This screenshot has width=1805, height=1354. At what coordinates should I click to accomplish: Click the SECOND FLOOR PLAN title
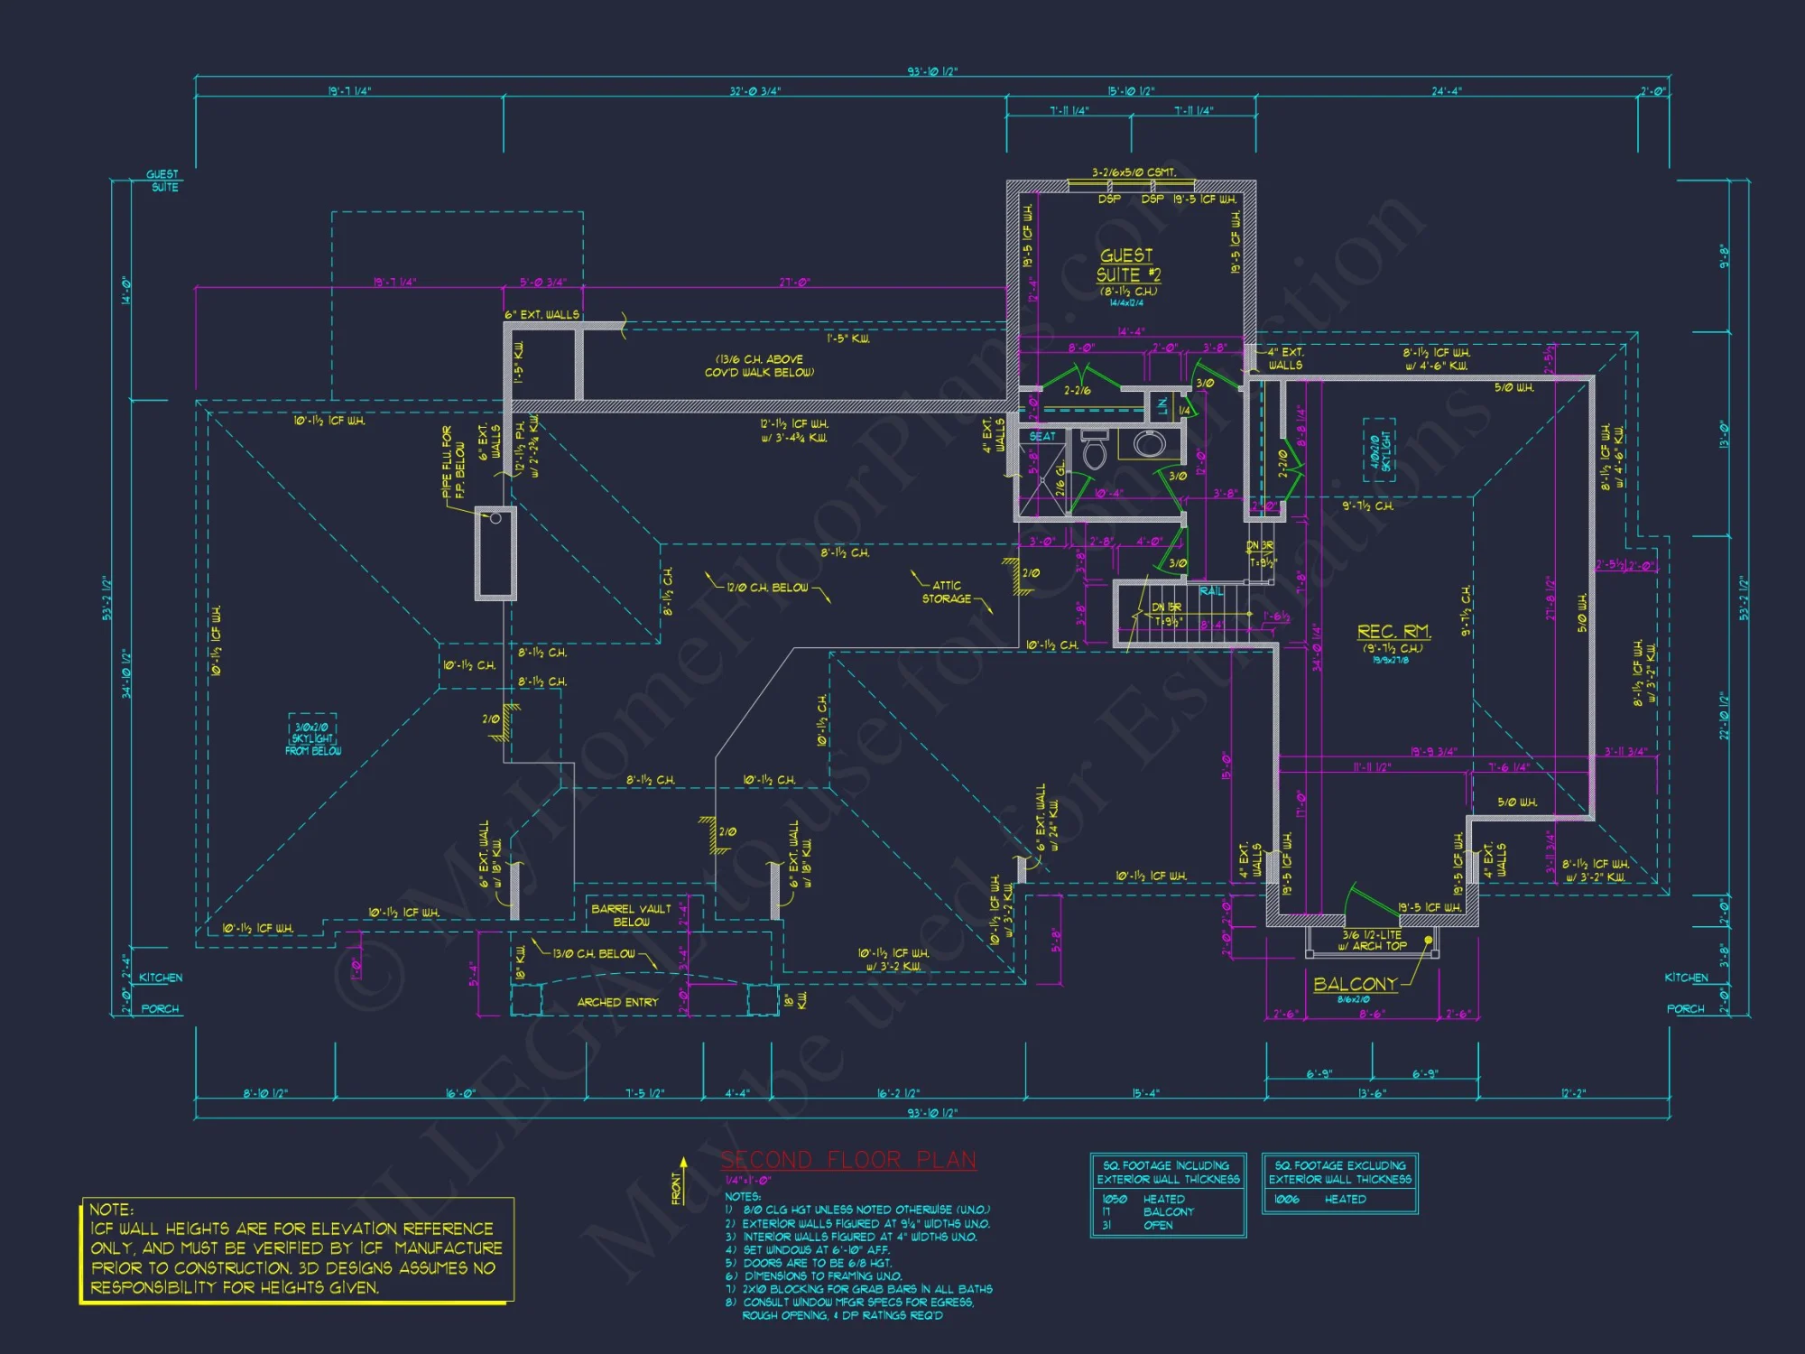click(847, 1160)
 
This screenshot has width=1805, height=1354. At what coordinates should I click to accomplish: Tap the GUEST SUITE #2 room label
click(1127, 265)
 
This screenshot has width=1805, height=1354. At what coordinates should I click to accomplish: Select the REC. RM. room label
click(1393, 632)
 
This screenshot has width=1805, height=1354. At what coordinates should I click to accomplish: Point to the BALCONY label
click(1355, 984)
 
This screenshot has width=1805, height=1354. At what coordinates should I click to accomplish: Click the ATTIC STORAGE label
click(946, 592)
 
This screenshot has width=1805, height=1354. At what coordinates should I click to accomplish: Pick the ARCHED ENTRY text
click(617, 1002)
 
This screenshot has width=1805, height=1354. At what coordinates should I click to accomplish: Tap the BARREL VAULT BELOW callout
click(631, 915)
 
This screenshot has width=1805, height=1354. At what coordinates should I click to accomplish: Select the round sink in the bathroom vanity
click(1149, 444)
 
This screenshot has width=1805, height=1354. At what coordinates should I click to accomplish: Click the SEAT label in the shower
click(1042, 436)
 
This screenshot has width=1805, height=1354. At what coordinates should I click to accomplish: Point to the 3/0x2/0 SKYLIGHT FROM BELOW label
click(312, 738)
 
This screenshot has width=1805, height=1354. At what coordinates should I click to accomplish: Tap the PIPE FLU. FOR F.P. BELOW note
click(454, 462)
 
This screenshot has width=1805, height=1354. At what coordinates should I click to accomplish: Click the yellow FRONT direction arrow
click(683, 1179)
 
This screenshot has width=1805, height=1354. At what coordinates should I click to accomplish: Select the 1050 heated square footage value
click(1114, 1199)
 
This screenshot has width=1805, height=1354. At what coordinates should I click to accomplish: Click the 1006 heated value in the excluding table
click(1286, 1199)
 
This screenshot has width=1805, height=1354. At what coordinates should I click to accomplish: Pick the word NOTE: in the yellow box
click(112, 1210)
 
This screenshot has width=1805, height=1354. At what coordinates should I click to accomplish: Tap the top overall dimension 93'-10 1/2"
click(932, 71)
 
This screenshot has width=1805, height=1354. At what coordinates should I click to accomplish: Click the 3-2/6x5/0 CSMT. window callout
click(1134, 172)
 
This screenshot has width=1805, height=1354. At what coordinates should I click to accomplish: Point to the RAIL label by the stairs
click(1211, 591)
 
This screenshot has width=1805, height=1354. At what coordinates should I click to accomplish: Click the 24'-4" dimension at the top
click(1447, 91)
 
